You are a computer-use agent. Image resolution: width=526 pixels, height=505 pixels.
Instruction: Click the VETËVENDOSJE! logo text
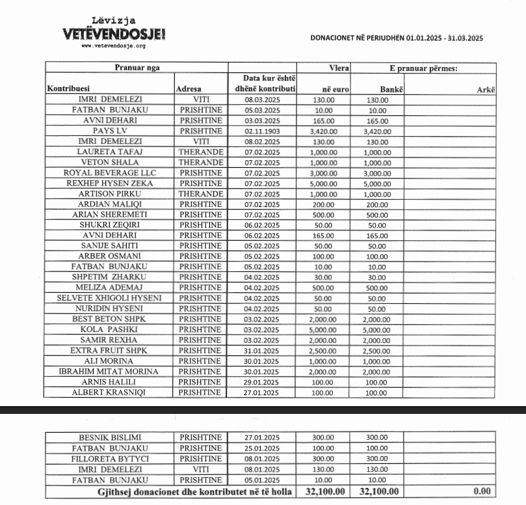click(114, 33)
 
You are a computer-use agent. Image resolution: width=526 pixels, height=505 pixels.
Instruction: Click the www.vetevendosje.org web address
click(113, 46)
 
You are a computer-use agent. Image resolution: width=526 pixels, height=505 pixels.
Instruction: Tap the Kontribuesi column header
click(68, 89)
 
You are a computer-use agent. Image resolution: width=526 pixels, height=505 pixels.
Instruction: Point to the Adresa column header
click(189, 89)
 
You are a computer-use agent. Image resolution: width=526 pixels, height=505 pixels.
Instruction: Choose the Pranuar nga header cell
click(137, 67)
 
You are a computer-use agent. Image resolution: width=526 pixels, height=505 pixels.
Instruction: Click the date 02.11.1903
click(262, 131)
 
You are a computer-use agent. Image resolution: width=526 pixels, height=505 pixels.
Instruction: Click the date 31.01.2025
click(262, 351)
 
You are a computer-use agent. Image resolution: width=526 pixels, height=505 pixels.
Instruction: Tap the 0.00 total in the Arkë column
click(481, 491)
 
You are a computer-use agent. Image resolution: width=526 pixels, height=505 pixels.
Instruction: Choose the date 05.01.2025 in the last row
click(262, 480)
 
